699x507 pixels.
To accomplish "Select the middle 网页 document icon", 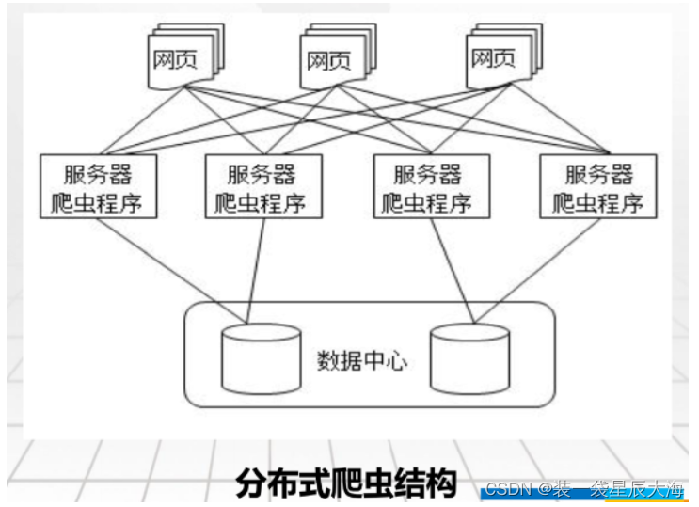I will point(330,61).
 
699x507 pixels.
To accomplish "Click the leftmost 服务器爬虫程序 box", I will point(98,185).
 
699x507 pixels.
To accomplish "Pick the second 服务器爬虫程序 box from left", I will point(262,185).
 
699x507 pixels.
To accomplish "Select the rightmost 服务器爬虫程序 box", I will point(598,185).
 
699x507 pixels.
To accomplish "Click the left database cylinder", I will point(261,358).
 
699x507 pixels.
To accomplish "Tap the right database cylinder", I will point(469,358).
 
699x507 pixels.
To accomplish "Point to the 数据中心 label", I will point(362,360).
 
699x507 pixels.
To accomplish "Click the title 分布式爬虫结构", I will point(345,483).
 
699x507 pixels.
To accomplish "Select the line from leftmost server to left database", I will point(174,263).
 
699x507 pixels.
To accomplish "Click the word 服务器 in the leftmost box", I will point(98,173).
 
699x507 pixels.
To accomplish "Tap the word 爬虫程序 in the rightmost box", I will point(598,201).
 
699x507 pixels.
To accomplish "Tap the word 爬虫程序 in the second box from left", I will point(262,201).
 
